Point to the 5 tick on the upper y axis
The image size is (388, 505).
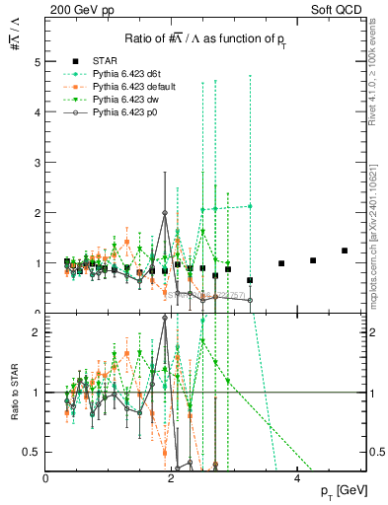(x=38, y=61)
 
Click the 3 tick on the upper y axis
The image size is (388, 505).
(x=38, y=162)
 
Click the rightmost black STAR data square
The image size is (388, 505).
(x=345, y=251)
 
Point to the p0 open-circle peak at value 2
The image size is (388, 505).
(x=165, y=213)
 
